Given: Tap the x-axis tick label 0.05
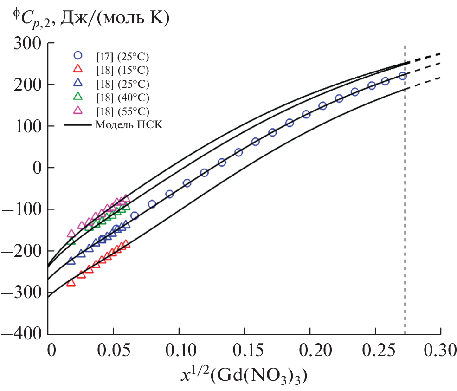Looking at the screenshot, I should pyautogui.click(x=114, y=349).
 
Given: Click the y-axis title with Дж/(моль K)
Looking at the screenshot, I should pyautogui.click(x=90, y=20).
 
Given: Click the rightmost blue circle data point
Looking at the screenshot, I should pyautogui.click(x=403, y=76).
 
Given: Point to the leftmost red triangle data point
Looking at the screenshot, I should pyautogui.click(x=71, y=282).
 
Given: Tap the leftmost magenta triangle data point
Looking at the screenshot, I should pyautogui.click(x=71, y=233).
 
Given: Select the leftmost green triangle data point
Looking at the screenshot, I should pyautogui.click(x=71, y=241).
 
